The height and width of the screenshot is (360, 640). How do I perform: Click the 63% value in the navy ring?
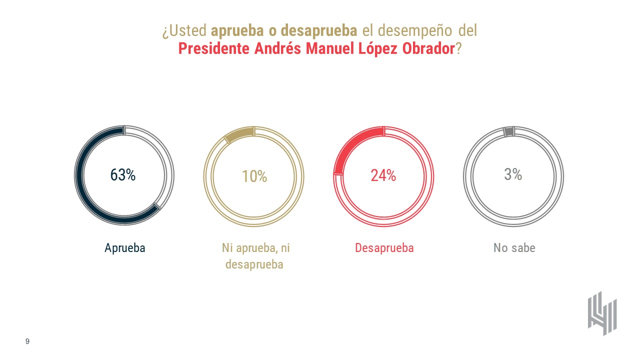[123, 175]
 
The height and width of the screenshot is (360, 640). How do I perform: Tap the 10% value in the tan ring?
[254, 176]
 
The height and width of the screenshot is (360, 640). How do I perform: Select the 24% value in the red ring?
[383, 175]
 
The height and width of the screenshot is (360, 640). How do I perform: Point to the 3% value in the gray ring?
[513, 174]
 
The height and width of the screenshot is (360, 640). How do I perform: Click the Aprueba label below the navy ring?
[125, 248]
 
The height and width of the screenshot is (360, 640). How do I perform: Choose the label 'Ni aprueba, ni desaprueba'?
[254, 256]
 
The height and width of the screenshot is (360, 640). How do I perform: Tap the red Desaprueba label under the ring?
[384, 248]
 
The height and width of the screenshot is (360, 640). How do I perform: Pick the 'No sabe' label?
[514, 248]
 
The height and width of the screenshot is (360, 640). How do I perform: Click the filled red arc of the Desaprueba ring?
[350, 143]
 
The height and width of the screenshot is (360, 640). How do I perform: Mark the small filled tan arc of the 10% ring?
[240, 134]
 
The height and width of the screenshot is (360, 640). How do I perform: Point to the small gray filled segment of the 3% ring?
[508, 131]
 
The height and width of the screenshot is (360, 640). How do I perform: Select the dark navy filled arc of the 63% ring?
[85, 190]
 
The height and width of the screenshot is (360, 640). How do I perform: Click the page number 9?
[27, 341]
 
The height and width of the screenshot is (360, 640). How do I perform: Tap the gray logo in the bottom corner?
[602, 313]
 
